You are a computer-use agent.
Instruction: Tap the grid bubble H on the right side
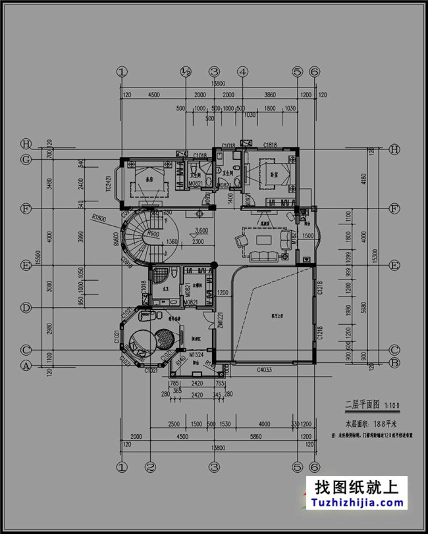pos(394,149)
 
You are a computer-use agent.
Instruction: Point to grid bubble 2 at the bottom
pos(150,468)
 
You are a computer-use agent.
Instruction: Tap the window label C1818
pos(270,145)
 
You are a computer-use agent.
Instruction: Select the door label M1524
pos(196,355)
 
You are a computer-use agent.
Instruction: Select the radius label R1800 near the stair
pos(99,217)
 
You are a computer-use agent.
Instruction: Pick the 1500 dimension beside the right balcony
pos(308,236)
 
